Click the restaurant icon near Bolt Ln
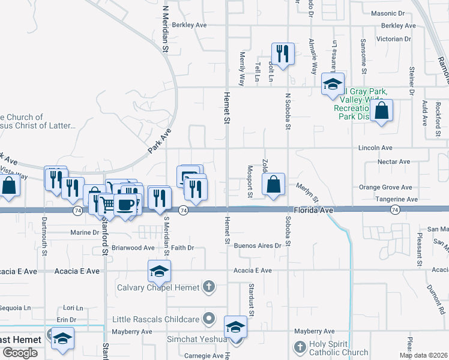point(282,53)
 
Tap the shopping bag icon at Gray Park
point(381,110)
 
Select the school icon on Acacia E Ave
point(160,271)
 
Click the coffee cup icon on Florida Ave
point(125,204)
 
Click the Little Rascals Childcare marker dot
point(209,317)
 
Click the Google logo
point(20,352)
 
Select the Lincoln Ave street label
point(375,148)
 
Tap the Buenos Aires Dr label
point(258,246)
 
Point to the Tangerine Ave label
point(396,199)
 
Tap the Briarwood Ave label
point(134,247)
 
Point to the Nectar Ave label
point(393,162)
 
